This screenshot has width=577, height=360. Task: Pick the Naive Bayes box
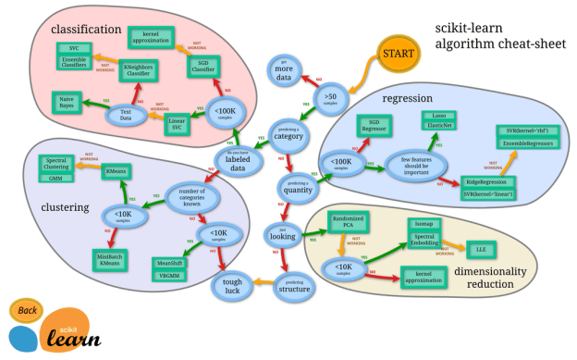pyautogui.click(x=68, y=102)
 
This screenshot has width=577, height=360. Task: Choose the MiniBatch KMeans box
pyautogui.click(x=112, y=258)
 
